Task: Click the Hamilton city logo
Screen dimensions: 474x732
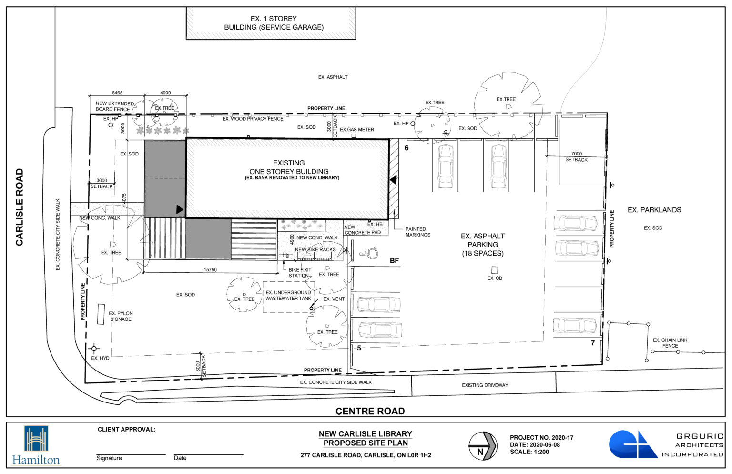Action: click(x=37, y=445)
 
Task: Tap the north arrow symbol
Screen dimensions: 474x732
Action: click(x=482, y=446)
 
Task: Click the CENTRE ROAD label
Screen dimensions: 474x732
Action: click(x=370, y=411)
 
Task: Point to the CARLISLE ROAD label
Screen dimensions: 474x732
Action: click(x=20, y=207)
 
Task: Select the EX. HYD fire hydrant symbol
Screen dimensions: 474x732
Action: click(x=94, y=349)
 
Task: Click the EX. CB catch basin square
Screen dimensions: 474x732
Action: click(x=495, y=270)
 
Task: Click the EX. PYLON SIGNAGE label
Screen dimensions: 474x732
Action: click(x=121, y=317)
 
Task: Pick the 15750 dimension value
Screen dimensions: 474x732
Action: click(x=210, y=270)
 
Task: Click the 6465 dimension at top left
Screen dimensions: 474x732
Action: click(x=117, y=93)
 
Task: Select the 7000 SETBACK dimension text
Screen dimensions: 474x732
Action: click(x=577, y=157)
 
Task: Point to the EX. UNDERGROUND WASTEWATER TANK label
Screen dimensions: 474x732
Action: click(x=288, y=296)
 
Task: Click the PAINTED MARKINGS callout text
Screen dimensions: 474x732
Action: click(x=418, y=232)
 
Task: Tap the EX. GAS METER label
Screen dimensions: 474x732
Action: click(x=357, y=130)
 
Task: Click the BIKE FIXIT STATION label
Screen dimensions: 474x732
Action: click(x=300, y=273)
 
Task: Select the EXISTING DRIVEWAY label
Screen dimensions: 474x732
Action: click(x=485, y=385)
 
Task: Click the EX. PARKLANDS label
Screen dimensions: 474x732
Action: click(x=654, y=210)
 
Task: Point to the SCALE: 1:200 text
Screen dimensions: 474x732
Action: click(x=529, y=452)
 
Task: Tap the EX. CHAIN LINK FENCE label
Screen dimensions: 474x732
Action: click(x=670, y=343)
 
